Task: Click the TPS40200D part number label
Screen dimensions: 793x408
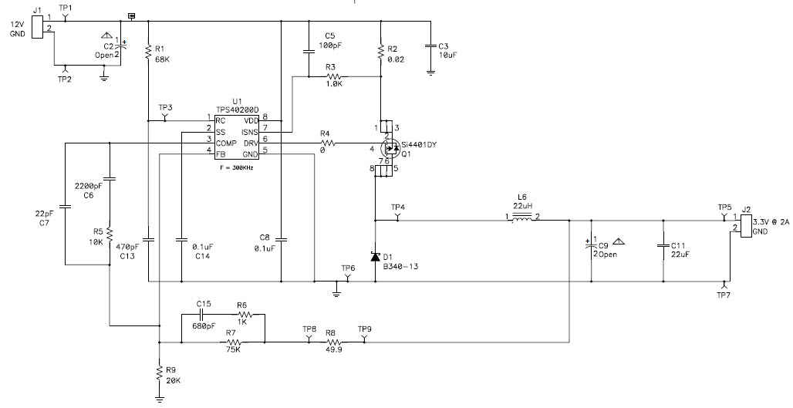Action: pyautogui.click(x=237, y=110)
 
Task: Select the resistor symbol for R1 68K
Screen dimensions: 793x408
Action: pyautogui.click(x=148, y=52)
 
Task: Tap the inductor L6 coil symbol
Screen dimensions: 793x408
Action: pyautogui.click(x=522, y=218)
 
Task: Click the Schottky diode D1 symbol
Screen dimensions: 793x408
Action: pyautogui.click(x=375, y=256)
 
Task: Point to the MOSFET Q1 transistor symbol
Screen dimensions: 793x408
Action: pyautogui.click(x=389, y=149)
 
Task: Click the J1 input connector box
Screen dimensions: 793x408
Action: pyautogui.click(x=38, y=27)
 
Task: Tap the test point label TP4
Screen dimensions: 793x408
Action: pyautogui.click(x=398, y=207)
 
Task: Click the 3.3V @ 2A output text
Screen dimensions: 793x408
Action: pyautogui.click(x=771, y=222)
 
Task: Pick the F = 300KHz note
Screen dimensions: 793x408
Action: pyautogui.click(x=237, y=167)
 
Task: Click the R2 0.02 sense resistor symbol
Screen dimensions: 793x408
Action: pyautogui.click(x=380, y=52)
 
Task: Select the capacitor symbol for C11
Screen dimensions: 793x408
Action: pyautogui.click(x=663, y=246)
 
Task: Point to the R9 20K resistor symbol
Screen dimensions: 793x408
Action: pyautogui.click(x=160, y=372)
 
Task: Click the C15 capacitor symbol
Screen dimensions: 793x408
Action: pyautogui.click(x=201, y=314)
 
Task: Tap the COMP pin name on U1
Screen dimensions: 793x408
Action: pyautogui.click(x=226, y=143)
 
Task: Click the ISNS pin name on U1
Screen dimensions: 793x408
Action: pyautogui.click(x=249, y=132)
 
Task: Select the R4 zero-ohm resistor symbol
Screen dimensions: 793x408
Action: pyautogui.click(x=327, y=143)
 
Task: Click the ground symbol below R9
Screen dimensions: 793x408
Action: pyautogui.click(x=160, y=400)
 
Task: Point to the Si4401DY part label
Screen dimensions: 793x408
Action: pyautogui.click(x=419, y=144)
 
